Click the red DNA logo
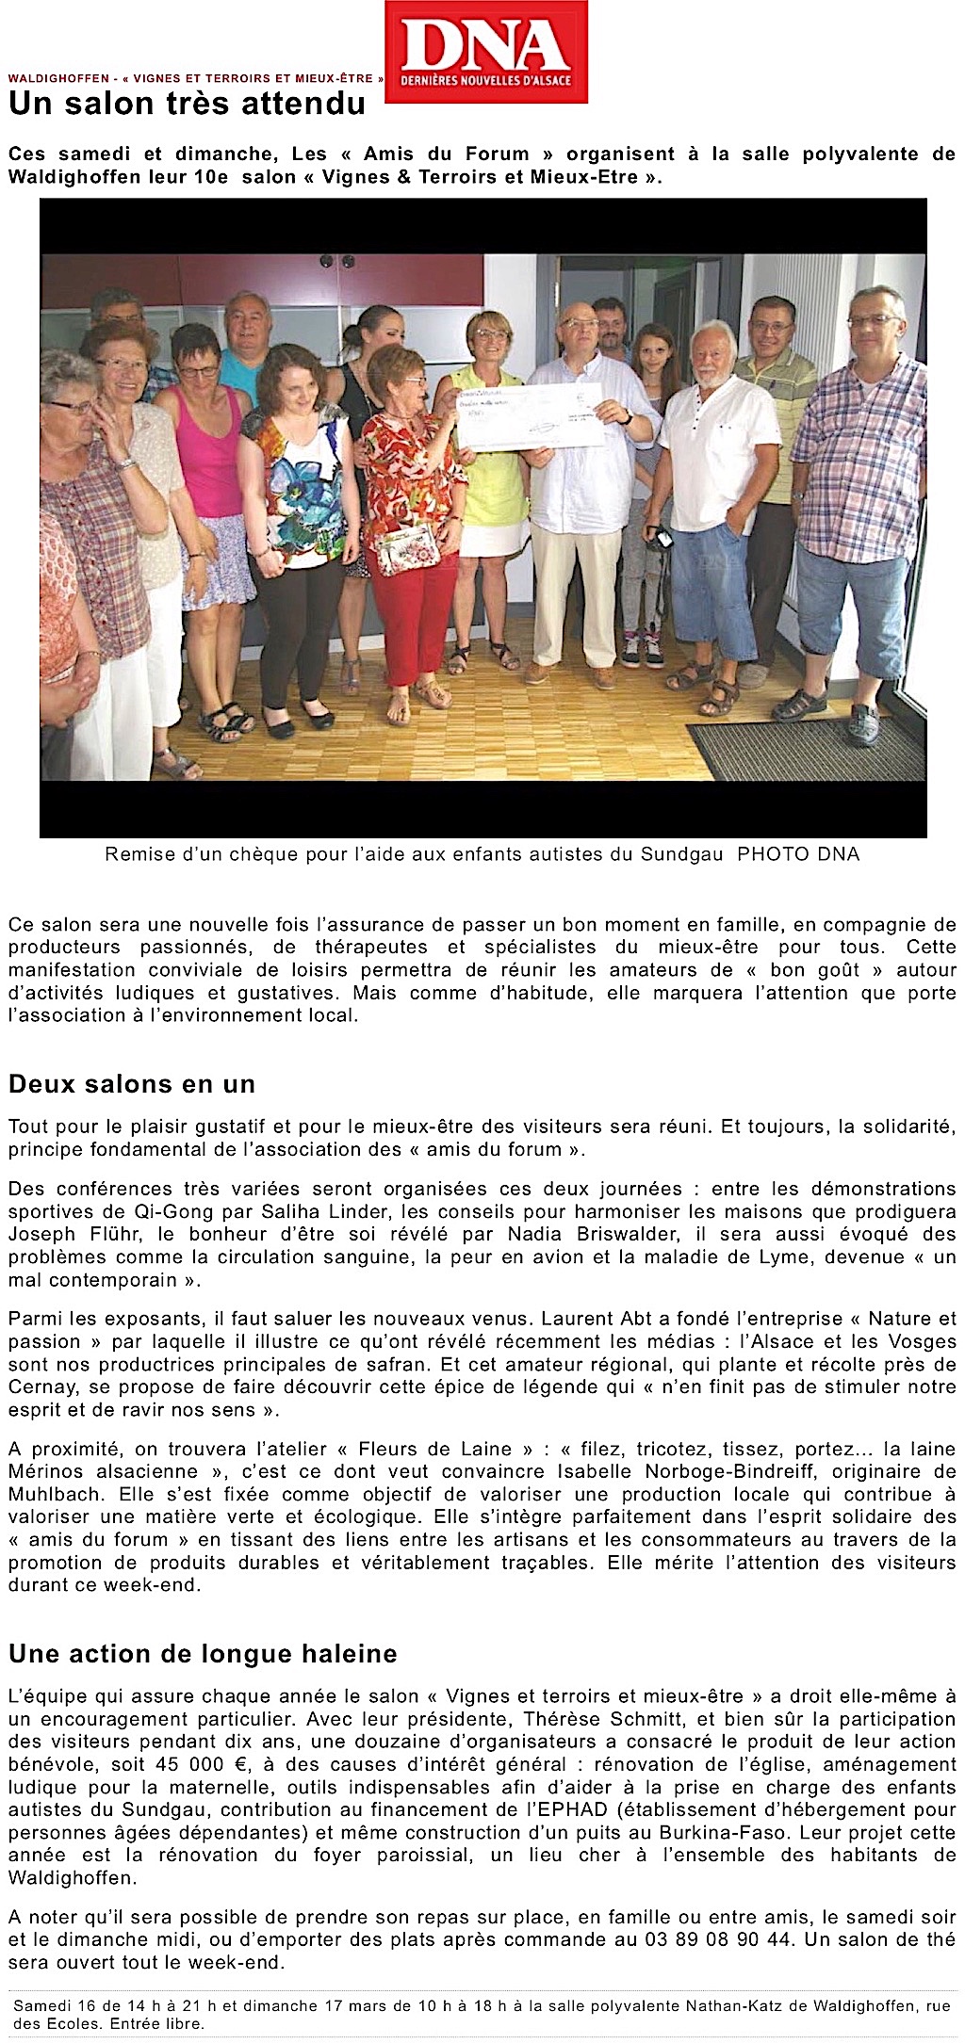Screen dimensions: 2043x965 486,52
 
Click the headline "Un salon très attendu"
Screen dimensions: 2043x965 187,104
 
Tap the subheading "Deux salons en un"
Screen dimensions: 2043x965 132,1084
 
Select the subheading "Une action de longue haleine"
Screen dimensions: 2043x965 203,1654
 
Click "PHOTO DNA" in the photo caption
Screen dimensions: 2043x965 798,854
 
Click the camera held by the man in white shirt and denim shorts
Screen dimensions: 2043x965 663,539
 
